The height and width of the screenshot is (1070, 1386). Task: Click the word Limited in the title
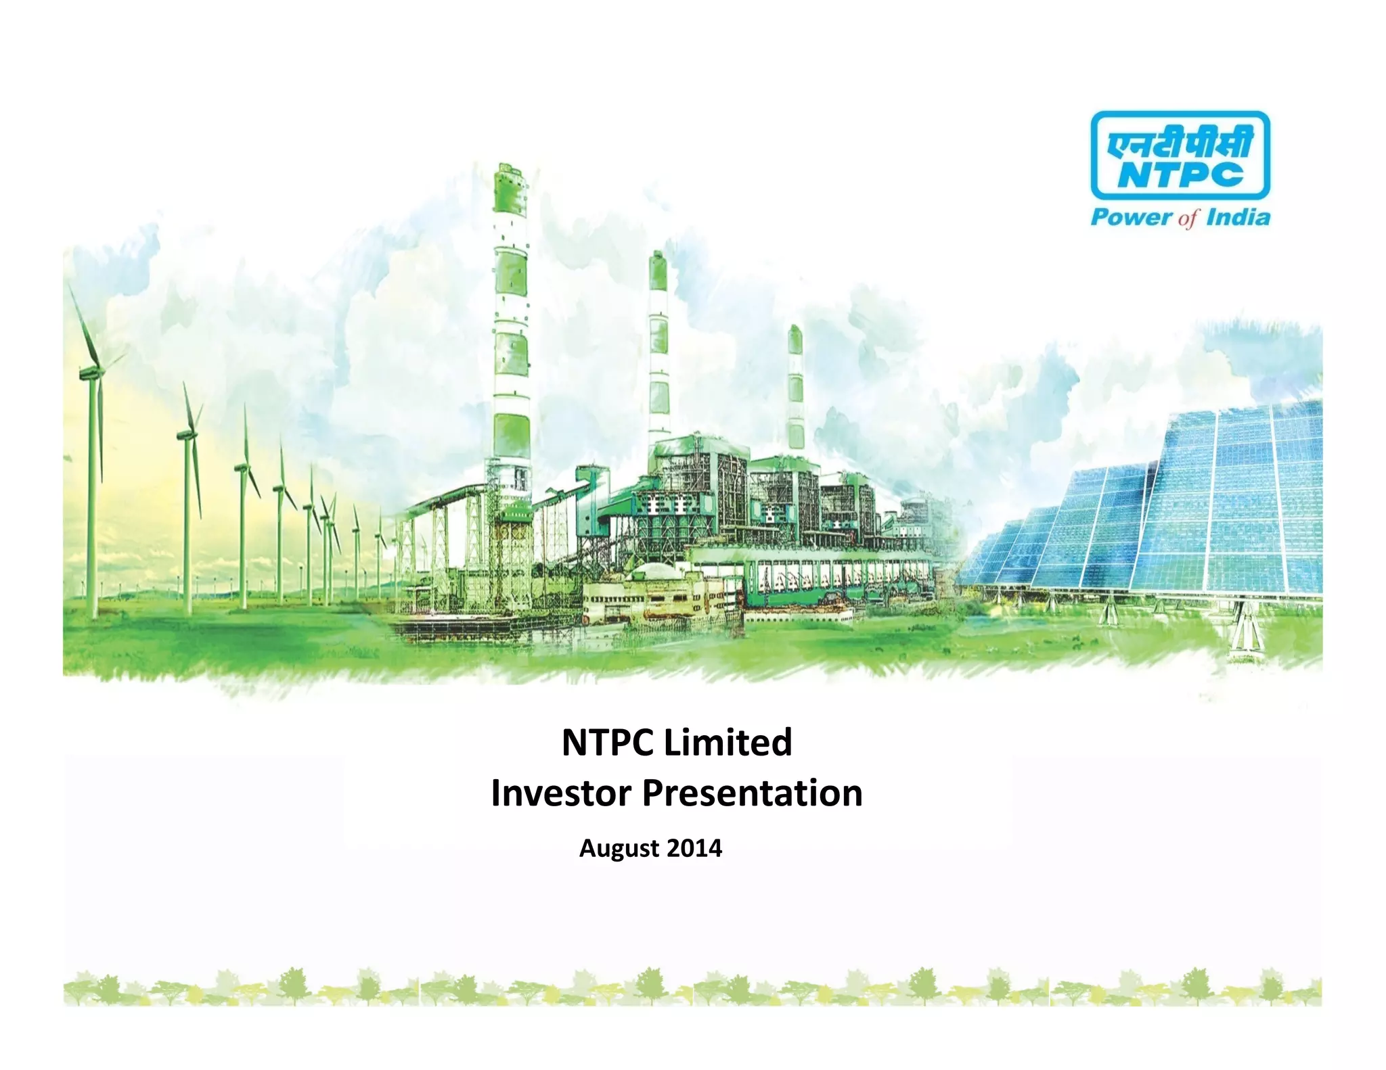click(x=728, y=743)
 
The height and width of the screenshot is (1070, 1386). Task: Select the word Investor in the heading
click(x=560, y=793)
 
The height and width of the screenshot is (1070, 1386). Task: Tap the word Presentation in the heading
click(x=752, y=793)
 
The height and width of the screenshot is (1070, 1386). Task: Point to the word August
click(x=619, y=848)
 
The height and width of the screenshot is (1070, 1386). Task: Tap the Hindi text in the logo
click(x=1180, y=143)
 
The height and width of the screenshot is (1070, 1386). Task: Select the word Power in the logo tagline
click(x=1131, y=217)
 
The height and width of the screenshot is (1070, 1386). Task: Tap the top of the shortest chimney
click(x=795, y=331)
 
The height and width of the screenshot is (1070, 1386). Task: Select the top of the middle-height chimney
click(x=658, y=258)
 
